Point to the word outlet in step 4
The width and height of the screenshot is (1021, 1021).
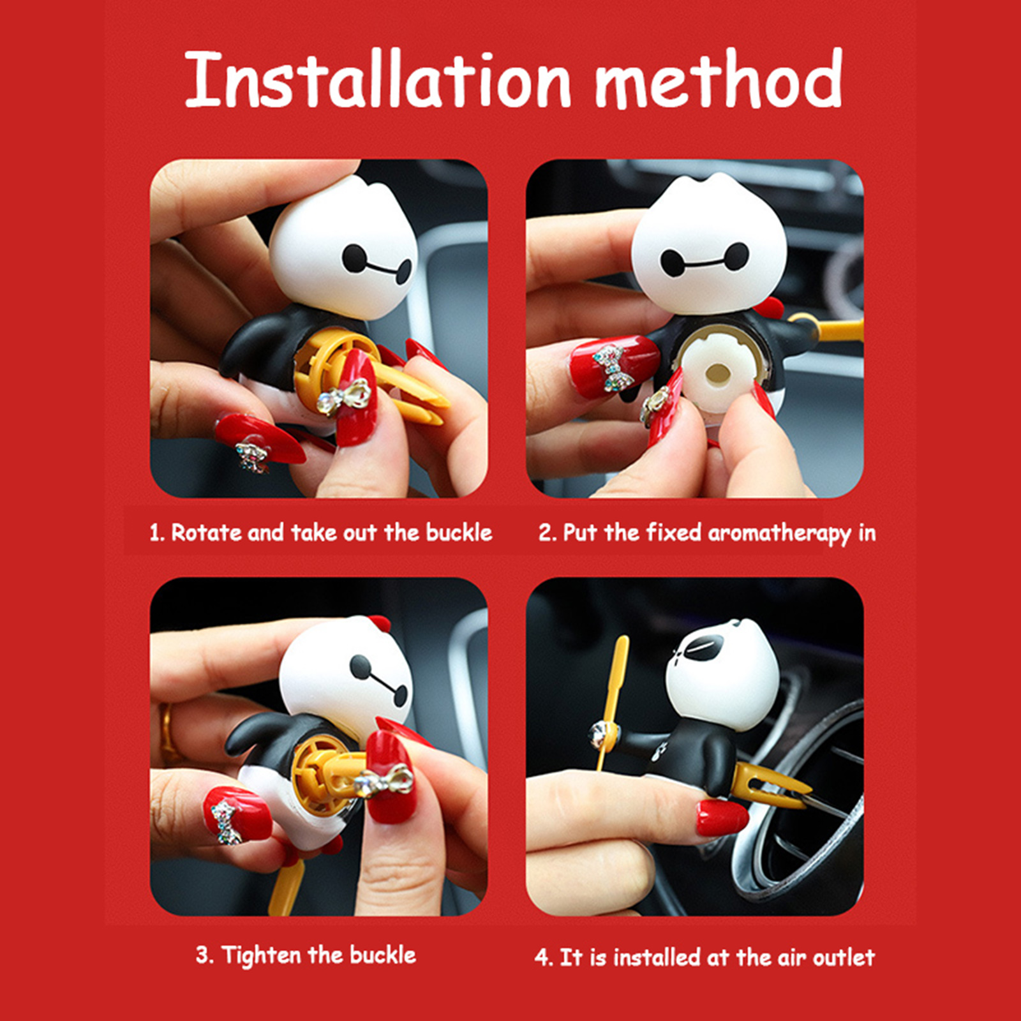tap(843, 957)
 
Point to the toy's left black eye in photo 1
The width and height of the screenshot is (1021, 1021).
tap(355, 258)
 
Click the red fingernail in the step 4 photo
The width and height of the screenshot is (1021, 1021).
tap(720, 817)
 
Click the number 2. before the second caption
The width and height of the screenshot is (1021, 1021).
tap(548, 532)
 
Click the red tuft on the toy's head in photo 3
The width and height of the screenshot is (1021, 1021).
tap(378, 623)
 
